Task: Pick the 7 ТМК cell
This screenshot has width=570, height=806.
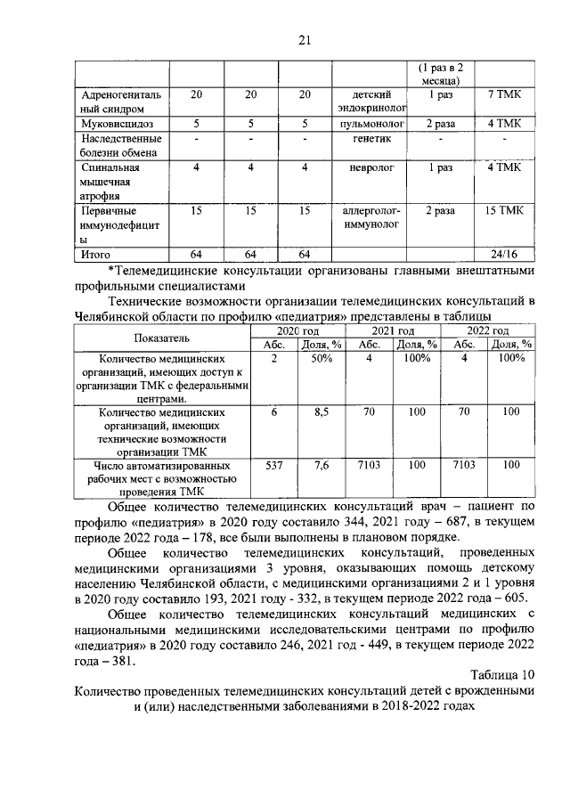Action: click(504, 94)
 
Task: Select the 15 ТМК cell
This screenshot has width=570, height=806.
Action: click(504, 210)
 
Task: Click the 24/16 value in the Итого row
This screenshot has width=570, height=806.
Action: click(504, 254)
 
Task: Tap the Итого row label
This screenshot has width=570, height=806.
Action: click(96, 254)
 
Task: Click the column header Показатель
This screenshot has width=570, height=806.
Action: click(163, 338)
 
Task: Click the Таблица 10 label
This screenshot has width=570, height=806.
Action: click(503, 673)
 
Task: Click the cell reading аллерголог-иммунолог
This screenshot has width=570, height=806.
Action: click(373, 217)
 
